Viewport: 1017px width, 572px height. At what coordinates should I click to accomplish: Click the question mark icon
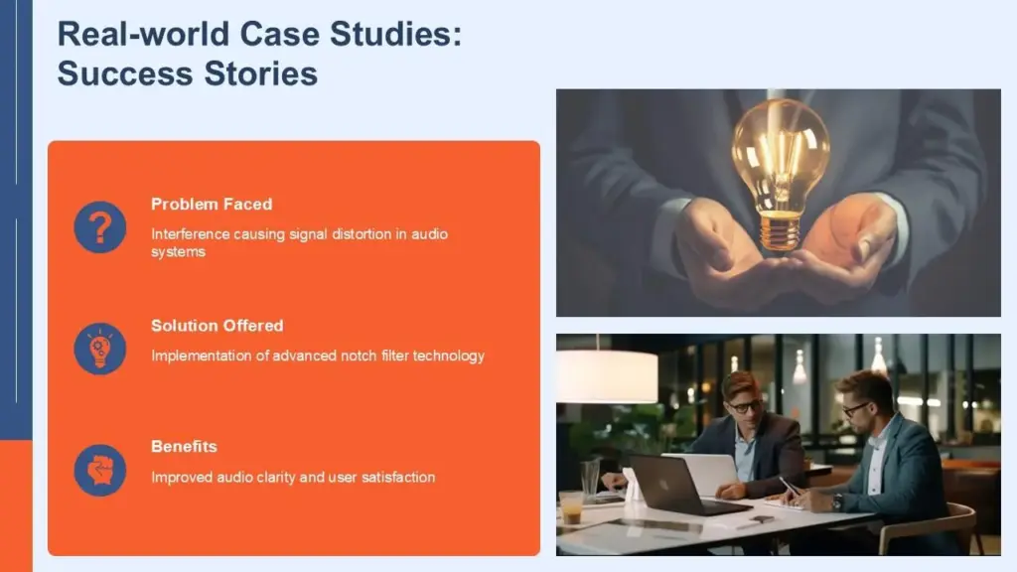[x=99, y=227]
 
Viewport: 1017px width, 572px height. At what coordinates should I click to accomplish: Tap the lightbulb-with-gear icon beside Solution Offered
[x=99, y=349]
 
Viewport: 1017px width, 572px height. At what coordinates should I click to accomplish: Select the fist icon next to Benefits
[x=99, y=470]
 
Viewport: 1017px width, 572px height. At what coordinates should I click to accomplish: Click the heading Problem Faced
[x=212, y=204]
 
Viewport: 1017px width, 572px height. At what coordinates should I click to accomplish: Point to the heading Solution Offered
[x=217, y=325]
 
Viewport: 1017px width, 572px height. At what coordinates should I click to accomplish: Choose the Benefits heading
[x=184, y=446]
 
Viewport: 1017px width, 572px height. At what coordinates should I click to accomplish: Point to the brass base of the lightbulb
[x=780, y=230]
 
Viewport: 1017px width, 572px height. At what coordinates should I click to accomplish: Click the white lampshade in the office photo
[x=606, y=376]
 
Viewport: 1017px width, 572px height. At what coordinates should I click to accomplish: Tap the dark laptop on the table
[x=675, y=487]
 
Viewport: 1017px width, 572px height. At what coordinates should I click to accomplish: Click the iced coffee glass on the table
[x=571, y=506]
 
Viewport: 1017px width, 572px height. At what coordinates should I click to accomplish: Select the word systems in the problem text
[x=178, y=252]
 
